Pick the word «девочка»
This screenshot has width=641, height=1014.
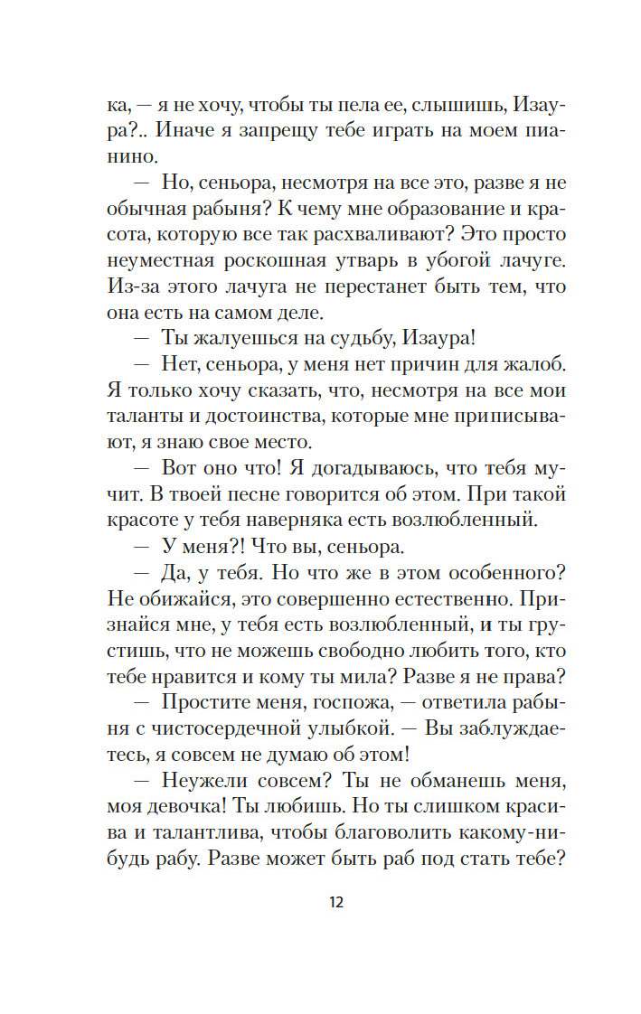(x=183, y=808)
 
